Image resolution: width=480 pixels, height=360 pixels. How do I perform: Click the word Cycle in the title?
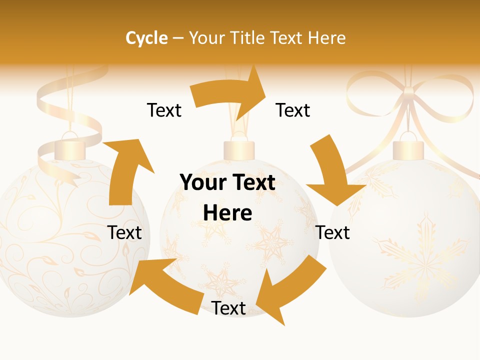click(146, 38)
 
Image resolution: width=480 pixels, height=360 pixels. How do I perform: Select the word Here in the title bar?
click(327, 38)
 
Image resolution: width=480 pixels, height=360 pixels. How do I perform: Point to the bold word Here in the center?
click(227, 213)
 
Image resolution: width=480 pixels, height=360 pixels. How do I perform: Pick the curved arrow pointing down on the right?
click(335, 172)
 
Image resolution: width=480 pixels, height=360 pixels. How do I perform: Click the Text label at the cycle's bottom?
click(228, 308)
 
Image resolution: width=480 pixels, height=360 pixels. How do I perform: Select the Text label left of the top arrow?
click(164, 110)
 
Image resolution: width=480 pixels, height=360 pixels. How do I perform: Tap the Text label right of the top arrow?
click(293, 110)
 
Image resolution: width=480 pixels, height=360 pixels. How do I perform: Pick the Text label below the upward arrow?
click(124, 232)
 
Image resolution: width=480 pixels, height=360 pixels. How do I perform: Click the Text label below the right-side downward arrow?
click(333, 232)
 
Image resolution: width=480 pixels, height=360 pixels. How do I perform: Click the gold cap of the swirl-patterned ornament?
click(69, 149)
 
